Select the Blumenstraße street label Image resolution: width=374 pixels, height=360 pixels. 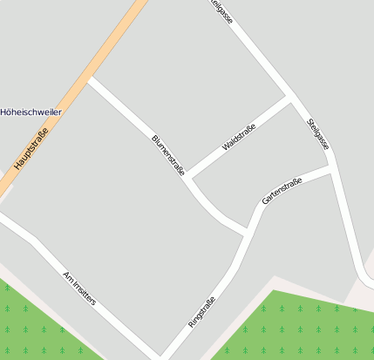pos(168,156)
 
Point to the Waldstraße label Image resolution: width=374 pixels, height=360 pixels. pos(238,138)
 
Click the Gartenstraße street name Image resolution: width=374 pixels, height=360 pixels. pos(282,191)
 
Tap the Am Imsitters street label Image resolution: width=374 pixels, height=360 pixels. pos(79,288)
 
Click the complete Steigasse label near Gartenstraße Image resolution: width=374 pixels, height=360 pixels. pos(318,134)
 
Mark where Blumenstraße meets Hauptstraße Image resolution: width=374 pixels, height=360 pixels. pos(90,80)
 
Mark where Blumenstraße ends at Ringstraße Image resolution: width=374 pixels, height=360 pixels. pos(248,233)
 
